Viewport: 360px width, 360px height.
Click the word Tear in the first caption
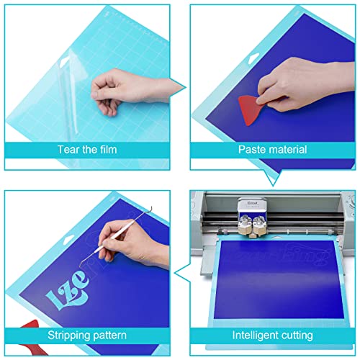67,150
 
